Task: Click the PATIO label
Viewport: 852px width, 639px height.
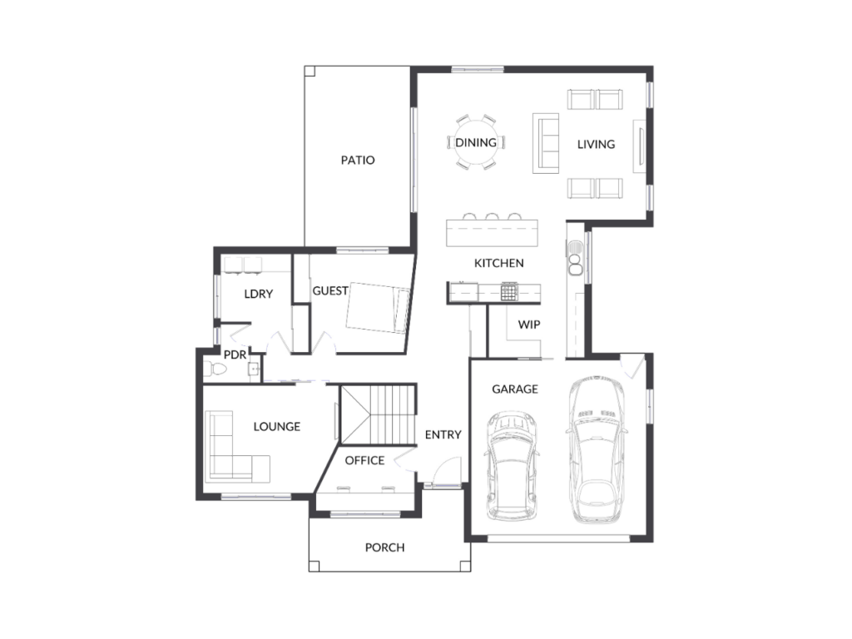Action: [358, 161]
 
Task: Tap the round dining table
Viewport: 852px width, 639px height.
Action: [476, 142]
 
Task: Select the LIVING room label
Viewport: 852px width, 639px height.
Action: [596, 145]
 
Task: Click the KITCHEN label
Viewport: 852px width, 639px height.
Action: [499, 264]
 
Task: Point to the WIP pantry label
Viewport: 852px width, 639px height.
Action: [528, 325]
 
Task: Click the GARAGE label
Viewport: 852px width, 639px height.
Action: [514, 389]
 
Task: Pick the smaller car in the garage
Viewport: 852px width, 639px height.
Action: [512, 466]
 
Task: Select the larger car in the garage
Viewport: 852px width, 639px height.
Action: [596, 448]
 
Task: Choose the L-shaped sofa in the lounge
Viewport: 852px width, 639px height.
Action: [237, 447]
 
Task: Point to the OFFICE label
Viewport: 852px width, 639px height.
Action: [364, 461]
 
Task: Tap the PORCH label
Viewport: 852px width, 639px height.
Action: [384, 547]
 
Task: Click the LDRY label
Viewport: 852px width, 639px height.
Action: [258, 294]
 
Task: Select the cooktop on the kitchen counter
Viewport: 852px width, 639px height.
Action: [509, 292]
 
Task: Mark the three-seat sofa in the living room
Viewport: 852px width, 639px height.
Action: [546, 143]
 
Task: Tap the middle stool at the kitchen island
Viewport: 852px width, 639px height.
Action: [492, 216]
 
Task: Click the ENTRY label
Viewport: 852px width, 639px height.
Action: [443, 434]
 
